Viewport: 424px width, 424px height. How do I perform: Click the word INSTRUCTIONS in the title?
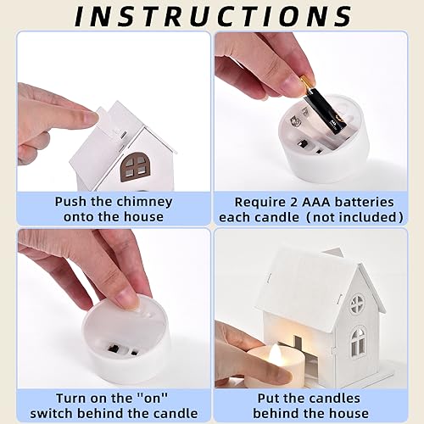click(214, 16)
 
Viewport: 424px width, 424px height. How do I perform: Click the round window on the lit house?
click(357, 304)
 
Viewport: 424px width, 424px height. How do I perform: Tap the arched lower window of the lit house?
click(359, 343)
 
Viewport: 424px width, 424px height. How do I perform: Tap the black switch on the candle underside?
click(114, 348)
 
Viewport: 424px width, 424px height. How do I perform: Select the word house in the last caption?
click(350, 413)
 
